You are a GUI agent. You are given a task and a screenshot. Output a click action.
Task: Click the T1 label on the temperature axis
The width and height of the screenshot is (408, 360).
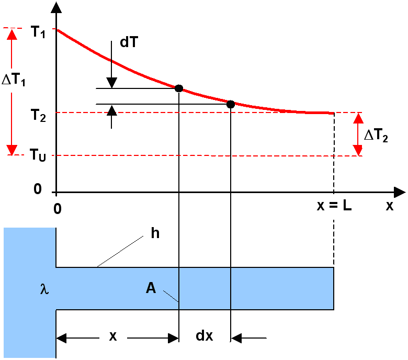pos(38,32)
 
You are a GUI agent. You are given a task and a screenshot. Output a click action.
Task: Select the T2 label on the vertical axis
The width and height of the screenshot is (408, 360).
pos(38,115)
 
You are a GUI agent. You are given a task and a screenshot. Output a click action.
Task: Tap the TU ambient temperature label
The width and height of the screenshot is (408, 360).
pos(38,155)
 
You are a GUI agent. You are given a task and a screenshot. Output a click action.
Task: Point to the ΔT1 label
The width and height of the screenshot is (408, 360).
pos(14,80)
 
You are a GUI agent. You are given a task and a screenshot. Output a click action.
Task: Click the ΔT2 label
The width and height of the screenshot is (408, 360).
pos(376,136)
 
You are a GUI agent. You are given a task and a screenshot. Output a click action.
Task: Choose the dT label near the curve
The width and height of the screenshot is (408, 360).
pos(129,42)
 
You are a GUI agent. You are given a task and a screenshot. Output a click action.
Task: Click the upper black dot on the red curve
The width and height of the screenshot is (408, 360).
pos(179,88)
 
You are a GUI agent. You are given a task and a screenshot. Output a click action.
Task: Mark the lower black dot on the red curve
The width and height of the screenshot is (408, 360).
pos(231,104)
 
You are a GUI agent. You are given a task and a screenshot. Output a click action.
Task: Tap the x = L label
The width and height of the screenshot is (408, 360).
pos(334,206)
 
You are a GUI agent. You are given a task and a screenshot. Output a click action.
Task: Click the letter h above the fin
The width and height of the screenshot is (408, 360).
pos(155,233)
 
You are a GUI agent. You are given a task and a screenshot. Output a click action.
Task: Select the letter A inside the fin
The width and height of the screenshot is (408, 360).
pos(151,288)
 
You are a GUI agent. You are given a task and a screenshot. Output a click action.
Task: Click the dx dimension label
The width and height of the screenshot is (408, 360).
pos(204,335)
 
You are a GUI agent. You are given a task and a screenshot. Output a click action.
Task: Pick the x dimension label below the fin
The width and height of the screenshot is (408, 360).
pos(113,336)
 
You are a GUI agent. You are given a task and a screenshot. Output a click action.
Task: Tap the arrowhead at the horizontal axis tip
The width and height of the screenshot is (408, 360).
pos(400,193)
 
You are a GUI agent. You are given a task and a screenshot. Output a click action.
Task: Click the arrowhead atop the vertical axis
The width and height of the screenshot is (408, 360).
pos(56,7)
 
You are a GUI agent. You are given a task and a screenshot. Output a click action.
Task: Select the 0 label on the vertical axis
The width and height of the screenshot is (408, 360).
pos(38,189)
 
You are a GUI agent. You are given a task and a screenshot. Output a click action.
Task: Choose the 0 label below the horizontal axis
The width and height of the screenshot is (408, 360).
pos(58,209)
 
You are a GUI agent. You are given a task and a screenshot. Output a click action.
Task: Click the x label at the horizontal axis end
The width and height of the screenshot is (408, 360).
pos(390,206)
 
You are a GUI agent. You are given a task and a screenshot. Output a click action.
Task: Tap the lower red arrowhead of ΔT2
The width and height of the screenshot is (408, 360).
pos(358,151)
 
